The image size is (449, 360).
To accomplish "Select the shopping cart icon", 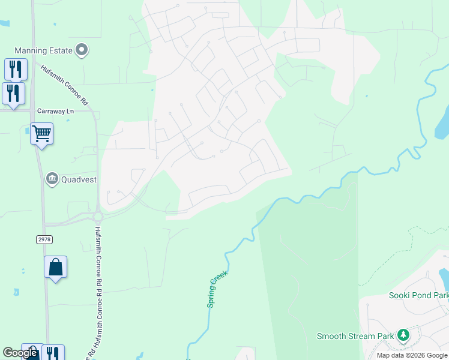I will (41, 133).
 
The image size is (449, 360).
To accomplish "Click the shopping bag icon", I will (55, 267).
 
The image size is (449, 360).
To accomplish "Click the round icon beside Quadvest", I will (52, 178).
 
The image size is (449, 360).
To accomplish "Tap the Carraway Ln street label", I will (55, 111).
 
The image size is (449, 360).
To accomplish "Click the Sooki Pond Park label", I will (419, 296).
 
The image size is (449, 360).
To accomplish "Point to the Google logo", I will (20, 353).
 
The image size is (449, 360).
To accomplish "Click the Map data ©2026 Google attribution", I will (412, 355).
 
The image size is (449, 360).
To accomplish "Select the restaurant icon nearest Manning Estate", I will (16, 68).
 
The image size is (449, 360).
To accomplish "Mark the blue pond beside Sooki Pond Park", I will (444, 279).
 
